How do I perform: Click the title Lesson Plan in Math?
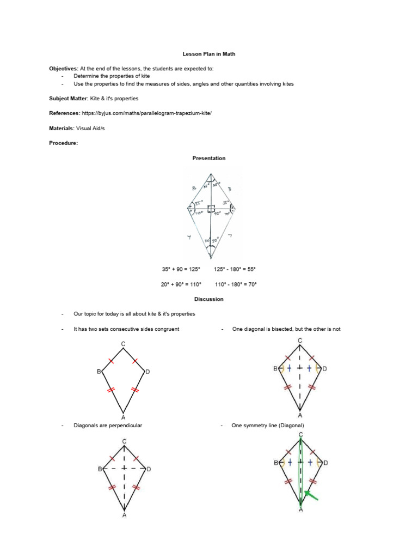208,54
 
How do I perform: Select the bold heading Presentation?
208,158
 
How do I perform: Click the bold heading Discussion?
208,299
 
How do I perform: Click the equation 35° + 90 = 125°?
181,269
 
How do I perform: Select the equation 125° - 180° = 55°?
235,269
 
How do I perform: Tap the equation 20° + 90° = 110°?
181,284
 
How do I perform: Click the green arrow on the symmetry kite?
311,495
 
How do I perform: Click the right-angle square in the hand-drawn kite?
211,208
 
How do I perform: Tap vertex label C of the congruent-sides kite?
124,344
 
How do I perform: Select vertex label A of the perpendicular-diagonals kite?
124,515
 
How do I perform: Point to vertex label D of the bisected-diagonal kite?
325,369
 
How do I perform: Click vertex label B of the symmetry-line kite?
275,463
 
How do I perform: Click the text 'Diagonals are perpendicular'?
108,426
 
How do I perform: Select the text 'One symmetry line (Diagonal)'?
268,426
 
